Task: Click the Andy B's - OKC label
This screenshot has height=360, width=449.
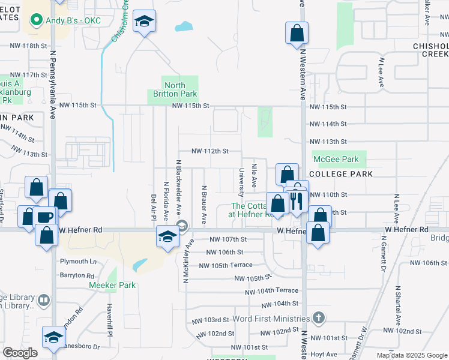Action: pyautogui.click(x=74, y=20)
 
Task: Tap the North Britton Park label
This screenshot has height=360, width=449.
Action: pyautogui.click(x=172, y=89)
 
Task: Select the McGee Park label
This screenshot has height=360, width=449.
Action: pyautogui.click(x=335, y=159)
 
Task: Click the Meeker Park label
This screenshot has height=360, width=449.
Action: pyautogui.click(x=112, y=285)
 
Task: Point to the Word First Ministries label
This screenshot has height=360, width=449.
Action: pyautogui.click(x=270, y=319)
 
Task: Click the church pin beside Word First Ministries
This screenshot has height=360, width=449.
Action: pyautogui.click(x=319, y=318)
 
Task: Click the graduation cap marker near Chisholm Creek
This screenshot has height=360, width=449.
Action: pyautogui.click(x=144, y=23)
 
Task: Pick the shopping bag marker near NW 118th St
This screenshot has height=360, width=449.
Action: pyautogui.click(x=297, y=34)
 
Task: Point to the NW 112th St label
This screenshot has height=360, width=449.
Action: pyautogui.click(x=209, y=151)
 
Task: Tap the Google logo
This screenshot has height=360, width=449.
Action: pyautogui.click(x=20, y=353)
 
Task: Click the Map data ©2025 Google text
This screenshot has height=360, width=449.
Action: pyautogui.click(x=411, y=355)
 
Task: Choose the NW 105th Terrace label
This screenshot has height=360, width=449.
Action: pyautogui.click(x=225, y=266)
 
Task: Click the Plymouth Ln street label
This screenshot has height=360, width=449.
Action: pyautogui.click(x=78, y=262)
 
